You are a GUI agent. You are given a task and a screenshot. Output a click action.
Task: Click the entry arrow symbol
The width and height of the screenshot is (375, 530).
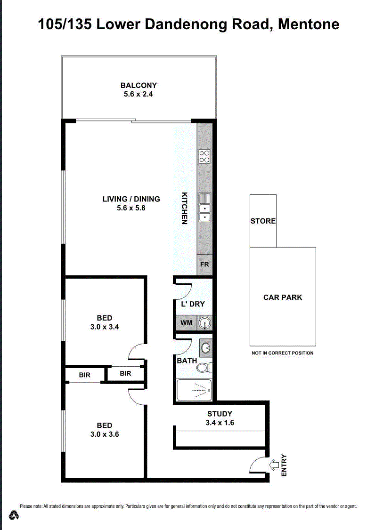coord(273,466)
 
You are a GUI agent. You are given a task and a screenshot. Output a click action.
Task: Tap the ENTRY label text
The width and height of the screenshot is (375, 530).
coord(284,466)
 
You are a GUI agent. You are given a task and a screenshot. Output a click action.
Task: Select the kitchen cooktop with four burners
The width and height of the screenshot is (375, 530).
coord(204,156)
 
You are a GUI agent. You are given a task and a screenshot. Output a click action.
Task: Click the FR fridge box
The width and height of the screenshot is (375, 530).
coord(204,265)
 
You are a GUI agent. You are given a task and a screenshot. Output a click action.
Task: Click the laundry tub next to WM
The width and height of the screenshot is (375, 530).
coord(204,323)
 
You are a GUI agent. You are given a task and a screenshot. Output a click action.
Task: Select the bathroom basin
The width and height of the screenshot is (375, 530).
coord(206,348)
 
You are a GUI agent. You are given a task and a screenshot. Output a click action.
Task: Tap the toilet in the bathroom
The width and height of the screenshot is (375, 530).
coord(204,368)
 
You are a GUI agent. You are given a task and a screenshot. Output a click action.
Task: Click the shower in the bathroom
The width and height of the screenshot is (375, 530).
coord(194,390)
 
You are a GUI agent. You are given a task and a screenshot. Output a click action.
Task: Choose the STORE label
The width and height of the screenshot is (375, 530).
coord(263,221)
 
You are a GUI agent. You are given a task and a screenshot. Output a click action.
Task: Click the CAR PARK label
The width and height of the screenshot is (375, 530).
coord(283,297)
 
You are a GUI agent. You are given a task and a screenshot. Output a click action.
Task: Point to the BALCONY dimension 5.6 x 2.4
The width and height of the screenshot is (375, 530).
coord(139,94)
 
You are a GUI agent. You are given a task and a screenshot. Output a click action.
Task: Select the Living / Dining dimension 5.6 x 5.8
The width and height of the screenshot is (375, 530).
coord(131,208)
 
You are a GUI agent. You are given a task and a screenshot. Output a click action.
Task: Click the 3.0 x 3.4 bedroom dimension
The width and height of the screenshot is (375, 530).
coord(105,327)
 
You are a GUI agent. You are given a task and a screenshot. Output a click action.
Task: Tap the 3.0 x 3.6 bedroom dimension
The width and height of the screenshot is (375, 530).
coord(105,434)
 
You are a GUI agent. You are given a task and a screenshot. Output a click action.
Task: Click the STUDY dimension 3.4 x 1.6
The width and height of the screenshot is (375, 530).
coord(220,423)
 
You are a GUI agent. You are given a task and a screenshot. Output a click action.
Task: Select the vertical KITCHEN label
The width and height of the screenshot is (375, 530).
coord(185,208)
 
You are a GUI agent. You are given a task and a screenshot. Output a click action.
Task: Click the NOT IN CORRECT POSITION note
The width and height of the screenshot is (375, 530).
coord(283,353)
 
